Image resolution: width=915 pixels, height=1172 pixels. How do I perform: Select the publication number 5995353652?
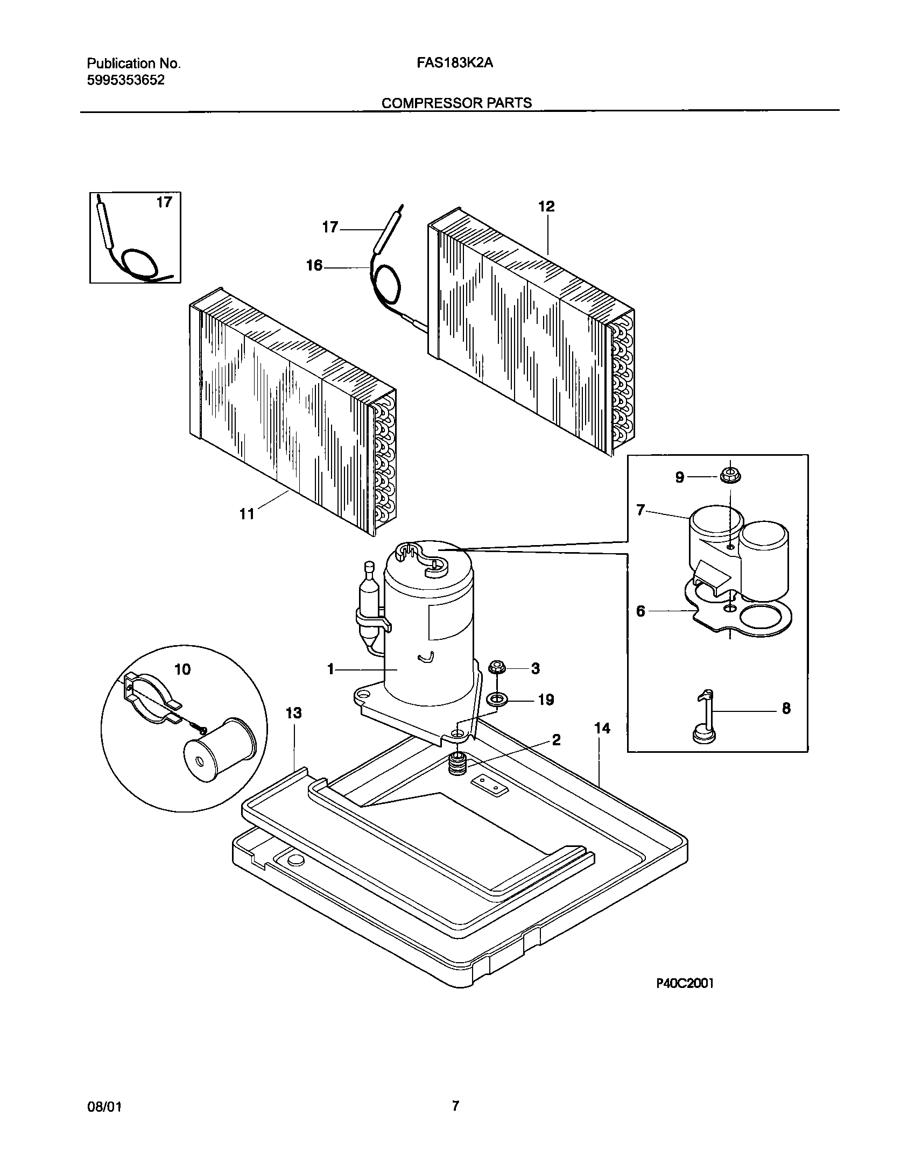pos(125,81)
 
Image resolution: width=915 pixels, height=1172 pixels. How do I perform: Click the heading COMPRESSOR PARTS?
pos(456,103)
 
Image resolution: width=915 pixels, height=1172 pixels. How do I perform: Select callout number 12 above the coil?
pos(546,207)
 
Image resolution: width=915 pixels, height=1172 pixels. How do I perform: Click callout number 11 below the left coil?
pos(247,514)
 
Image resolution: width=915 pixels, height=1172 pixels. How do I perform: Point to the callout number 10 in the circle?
pos(182,669)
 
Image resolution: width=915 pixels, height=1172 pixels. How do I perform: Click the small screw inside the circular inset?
pos(200,729)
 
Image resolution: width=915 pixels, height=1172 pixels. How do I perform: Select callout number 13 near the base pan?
pos(293,714)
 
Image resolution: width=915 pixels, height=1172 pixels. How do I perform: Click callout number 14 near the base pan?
pos(602,729)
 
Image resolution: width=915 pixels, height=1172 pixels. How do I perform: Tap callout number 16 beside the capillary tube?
pos(314,265)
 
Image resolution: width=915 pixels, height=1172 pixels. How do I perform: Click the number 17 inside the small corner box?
pos(164,202)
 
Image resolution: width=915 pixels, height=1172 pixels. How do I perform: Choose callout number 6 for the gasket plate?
pos(640,611)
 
